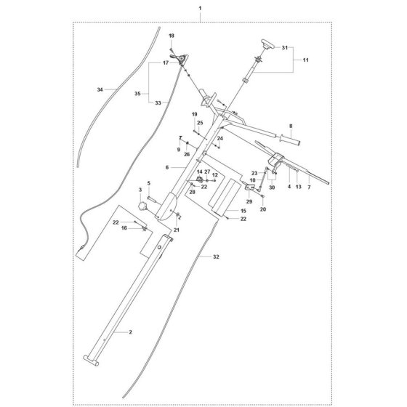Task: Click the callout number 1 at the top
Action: (200, 8)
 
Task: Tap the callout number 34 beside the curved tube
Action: (100, 90)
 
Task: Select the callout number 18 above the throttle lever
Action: (172, 36)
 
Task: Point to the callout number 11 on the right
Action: (306, 60)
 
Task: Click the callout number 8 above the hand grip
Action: (291, 126)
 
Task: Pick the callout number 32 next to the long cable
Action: (216, 257)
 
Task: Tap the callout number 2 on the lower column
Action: (131, 332)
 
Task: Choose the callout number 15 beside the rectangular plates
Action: (243, 211)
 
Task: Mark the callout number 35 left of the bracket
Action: (137, 94)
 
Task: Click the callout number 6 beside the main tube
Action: (167, 168)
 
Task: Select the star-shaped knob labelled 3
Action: (142, 206)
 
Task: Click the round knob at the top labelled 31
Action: (267, 44)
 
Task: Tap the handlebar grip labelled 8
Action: (290, 140)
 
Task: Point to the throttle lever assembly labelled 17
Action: (180, 59)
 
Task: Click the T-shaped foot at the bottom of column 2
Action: (91, 360)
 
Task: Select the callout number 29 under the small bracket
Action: (249, 201)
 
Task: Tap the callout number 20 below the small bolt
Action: (263, 209)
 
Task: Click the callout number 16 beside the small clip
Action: (124, 228)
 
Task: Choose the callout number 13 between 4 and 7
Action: (299, 187)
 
